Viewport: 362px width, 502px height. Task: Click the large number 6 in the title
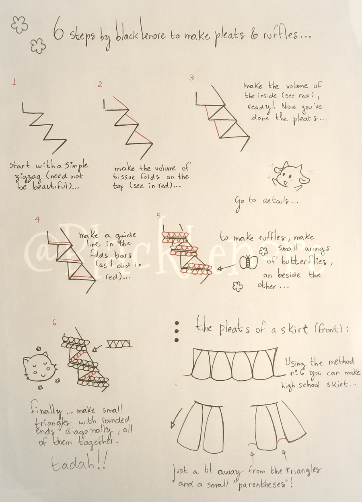(59, 34)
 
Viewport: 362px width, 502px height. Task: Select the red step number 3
(191, 78)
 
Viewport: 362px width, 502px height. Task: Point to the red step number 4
(38, 220)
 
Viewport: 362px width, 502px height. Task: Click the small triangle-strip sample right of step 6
(119, 344)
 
